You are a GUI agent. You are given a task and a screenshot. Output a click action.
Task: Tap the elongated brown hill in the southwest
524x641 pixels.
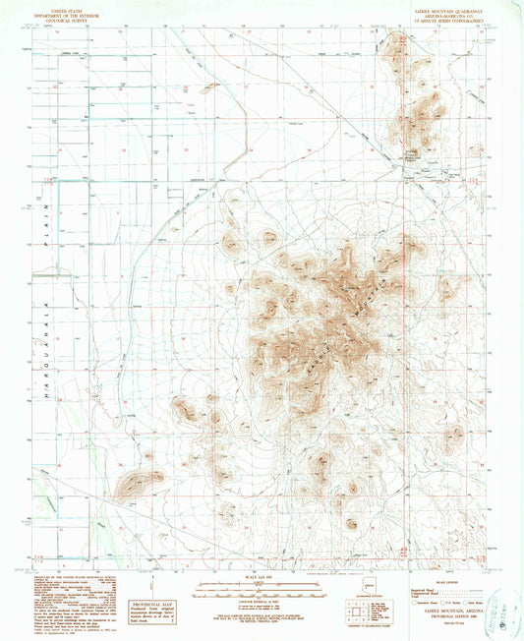(137, 482)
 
